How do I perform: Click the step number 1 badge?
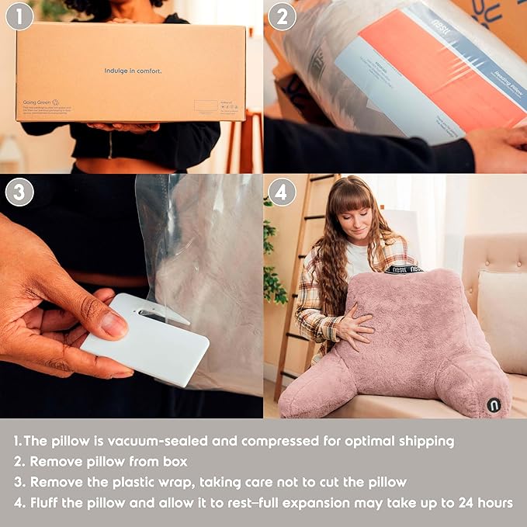tap(19, 16)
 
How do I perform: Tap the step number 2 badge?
tap(283, 16)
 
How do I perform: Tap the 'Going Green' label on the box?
tap(39, 102)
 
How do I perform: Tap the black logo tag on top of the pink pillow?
tap(405, 269)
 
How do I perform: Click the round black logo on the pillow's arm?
tap(494, 404)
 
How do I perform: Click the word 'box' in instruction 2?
tap(175, 461)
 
